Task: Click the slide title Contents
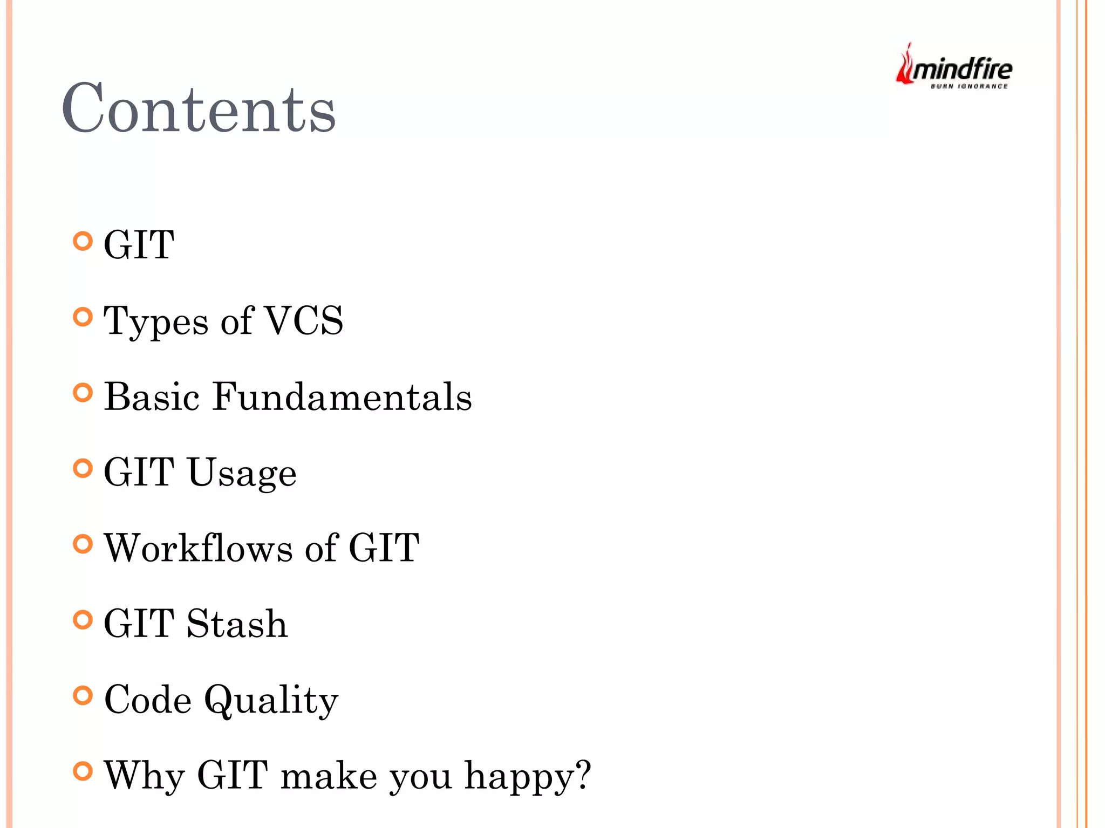(199, 108)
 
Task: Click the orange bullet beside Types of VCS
(83, 317)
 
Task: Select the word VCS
(304, 320)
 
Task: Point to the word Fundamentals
(342, 397)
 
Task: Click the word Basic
(152, 397)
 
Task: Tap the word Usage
(242, 474)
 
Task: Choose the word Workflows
(199, 548)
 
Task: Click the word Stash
(237, 624)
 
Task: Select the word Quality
(271, 701)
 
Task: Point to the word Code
(148, 700)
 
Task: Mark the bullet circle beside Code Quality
(83, 695)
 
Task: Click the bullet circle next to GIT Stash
(83, 620)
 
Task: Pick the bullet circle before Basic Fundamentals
(83, 393)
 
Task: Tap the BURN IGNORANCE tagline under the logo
(969, 86)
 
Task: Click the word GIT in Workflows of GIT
(384, 548)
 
